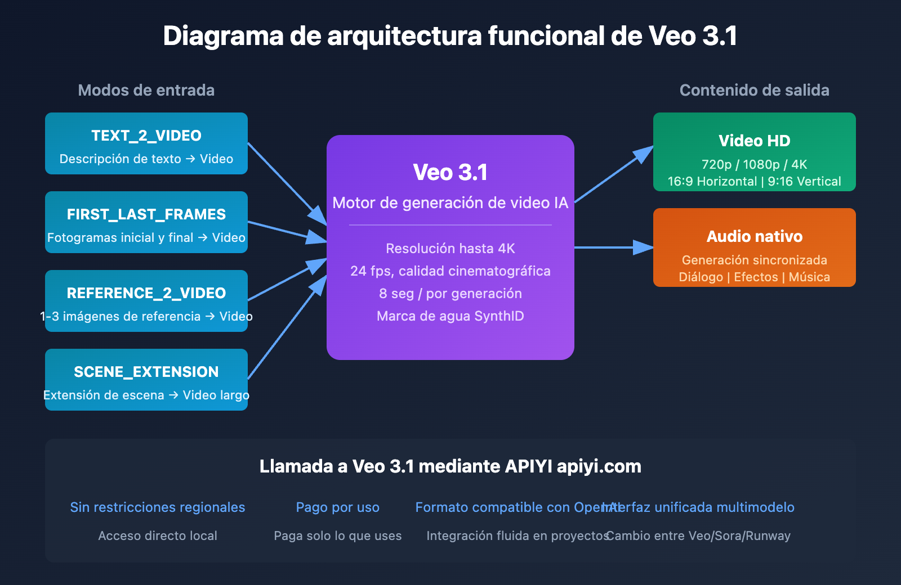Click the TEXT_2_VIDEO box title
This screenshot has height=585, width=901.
tap(146, 136)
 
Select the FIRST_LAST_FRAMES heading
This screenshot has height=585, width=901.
tap(146, 214)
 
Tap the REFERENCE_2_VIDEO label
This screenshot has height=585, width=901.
tap(146, 293)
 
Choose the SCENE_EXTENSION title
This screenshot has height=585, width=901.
tap(146, 372)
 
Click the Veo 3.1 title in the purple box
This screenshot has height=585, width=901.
tap(450, 172)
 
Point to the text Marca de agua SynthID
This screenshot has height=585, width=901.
tap(450, 316)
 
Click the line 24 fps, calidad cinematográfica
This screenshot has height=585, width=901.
tap(450, 271)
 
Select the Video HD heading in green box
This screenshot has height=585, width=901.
tap(754, 141)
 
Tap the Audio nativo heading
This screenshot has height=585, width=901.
tap(754, 236)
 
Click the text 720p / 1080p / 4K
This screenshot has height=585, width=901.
tap(754, 164)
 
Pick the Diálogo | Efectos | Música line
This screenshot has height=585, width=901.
tap(754, 277)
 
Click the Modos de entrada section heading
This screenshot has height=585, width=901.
tap(146, 90)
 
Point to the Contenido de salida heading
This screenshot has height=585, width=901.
tap(754, 90)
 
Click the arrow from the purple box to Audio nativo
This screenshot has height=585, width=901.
tap(614, 247)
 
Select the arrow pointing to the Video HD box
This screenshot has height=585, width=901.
tap(614, 174)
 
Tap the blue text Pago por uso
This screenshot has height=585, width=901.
tap(337, 507)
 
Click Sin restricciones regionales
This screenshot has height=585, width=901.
tap(158, 507)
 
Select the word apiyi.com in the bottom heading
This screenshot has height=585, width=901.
tap(599, 466)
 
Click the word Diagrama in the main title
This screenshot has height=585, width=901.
tap(223, 36)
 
